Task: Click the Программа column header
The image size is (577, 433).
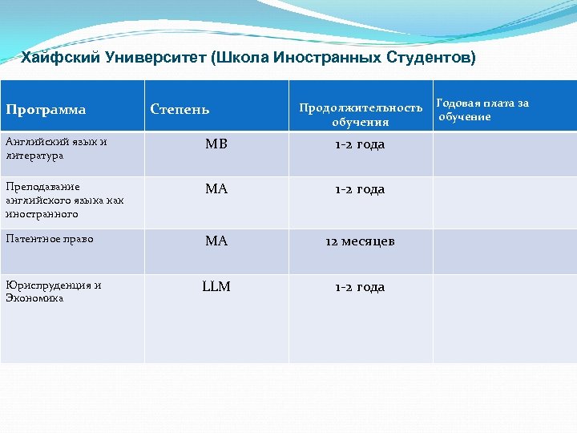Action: click(46, 109)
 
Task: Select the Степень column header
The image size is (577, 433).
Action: click(180, 109)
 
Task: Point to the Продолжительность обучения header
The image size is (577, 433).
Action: click(361, 115)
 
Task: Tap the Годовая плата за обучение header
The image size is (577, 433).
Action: click(482, 110)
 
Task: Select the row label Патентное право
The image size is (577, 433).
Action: click(49, 239)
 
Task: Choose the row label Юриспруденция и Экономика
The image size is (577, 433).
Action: click(53, 291)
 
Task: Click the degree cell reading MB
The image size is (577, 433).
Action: click(216, 144)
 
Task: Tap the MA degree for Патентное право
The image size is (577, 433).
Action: click(216, 241)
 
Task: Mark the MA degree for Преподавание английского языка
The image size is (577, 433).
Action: click(216, 189)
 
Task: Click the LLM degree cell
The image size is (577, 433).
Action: click(216, 286)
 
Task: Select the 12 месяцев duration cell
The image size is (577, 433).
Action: click(360, 241)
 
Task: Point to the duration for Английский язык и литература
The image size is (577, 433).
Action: click(360, 144)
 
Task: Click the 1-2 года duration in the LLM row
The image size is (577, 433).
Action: click(360, 287)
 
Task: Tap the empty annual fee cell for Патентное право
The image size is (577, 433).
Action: click(504, 252)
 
